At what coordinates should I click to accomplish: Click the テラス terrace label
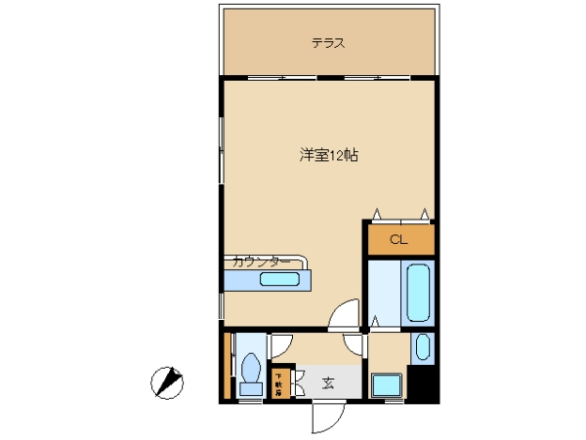(x=328, y=43)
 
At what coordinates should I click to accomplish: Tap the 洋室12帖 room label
(x=327, y=155)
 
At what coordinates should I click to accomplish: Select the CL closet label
(x=398, y=239)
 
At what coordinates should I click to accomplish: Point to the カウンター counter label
(x=260, y=261)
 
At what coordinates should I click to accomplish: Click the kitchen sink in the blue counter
(x=280, y=281)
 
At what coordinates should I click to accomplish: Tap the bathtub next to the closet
(x=417, y=293)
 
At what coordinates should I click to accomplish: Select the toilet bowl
(x=251, y=370)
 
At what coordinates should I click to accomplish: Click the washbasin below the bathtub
(x=421, y=347)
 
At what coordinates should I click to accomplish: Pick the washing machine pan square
(x=388, y=385)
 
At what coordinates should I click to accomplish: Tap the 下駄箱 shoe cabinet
(x=279, y=380)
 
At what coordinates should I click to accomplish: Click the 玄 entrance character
(x=328, y=381)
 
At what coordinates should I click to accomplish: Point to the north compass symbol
(x=168, y=381)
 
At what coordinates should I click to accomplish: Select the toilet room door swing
(x=280, y=343)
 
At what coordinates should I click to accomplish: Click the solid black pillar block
(x=421, y=381)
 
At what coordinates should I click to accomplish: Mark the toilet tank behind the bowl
(x=251, y=390)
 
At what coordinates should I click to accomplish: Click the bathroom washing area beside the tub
(x=384, y=294)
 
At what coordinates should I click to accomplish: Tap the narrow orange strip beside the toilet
(x=228, y=366)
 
